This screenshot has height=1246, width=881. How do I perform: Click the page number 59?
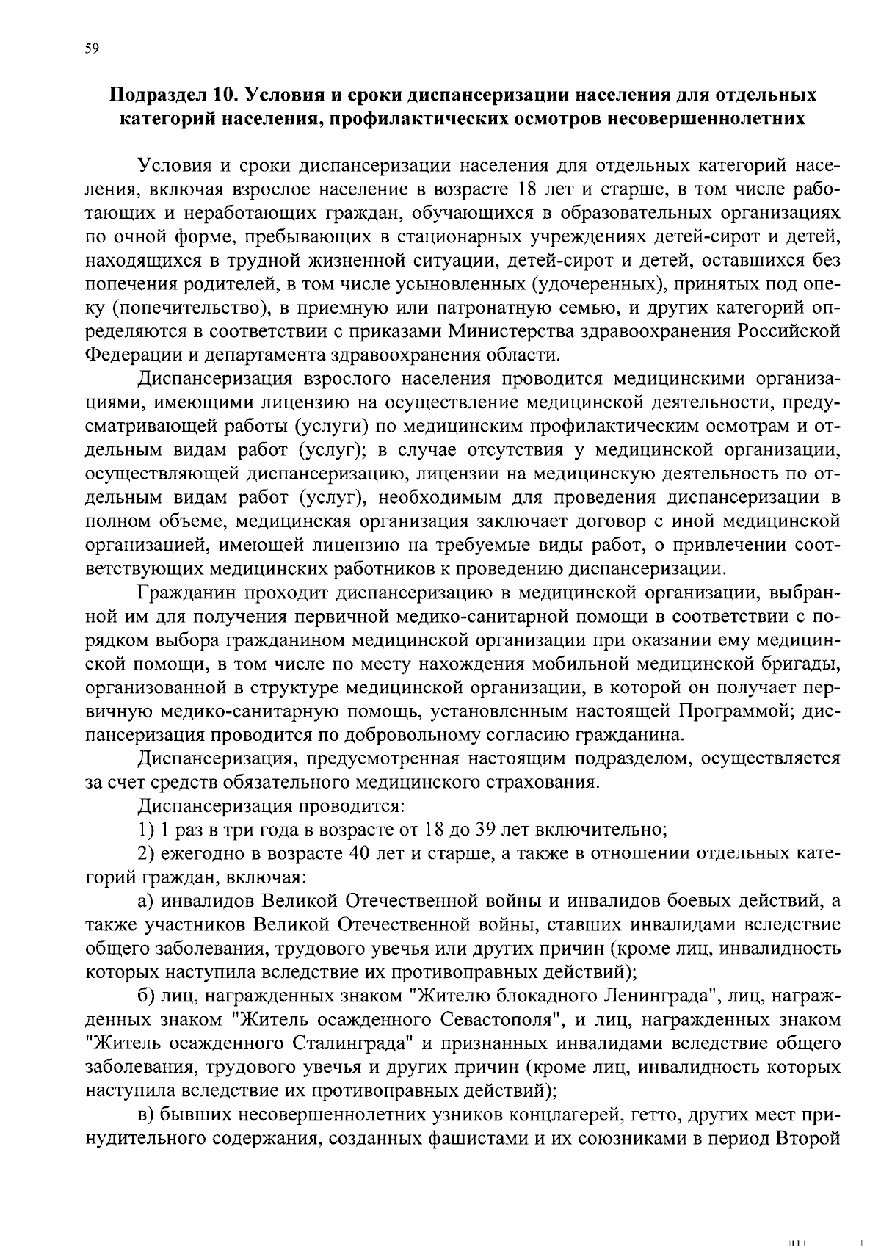(93, 49)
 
